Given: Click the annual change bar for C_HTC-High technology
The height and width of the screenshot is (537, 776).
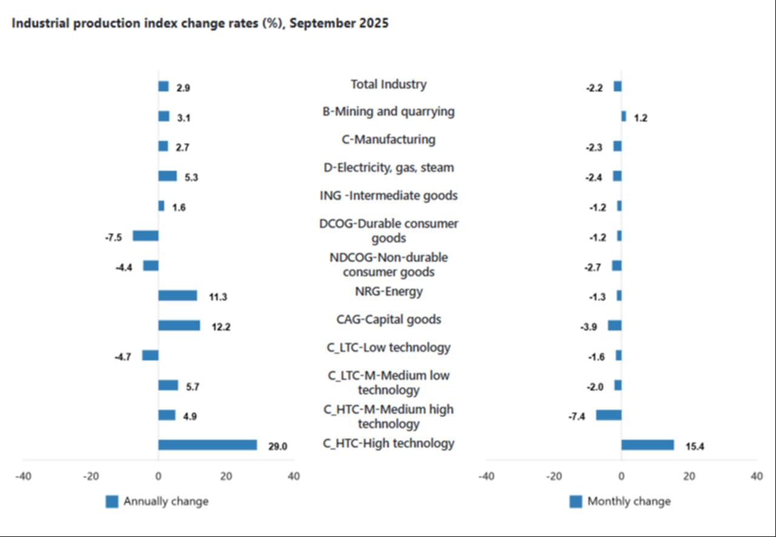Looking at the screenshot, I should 207,445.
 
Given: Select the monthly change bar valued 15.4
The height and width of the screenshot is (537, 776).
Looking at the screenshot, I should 647,445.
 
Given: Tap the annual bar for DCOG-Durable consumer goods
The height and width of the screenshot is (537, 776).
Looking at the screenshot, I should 145,236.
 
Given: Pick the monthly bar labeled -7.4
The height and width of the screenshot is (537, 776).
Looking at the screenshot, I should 609,415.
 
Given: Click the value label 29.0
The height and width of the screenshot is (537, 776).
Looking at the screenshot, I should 277,447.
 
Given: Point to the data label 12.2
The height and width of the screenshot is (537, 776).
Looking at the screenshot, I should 221,327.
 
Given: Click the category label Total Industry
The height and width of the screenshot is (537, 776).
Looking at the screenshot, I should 388,84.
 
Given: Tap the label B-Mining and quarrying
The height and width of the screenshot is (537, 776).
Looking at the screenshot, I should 388,112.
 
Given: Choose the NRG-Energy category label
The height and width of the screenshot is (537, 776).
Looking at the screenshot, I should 388,292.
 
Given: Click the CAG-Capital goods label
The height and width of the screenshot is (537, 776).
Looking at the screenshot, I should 388,319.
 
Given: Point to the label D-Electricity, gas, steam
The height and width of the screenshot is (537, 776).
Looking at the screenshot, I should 388,167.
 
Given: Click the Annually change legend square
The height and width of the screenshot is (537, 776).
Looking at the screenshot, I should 112,501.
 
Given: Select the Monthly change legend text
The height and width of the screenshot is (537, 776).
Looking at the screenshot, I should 629,501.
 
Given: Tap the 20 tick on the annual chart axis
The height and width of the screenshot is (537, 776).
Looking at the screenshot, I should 226,476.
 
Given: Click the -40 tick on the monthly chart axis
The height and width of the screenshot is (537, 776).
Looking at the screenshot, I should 486,476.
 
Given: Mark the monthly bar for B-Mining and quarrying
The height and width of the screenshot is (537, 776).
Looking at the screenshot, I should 623,116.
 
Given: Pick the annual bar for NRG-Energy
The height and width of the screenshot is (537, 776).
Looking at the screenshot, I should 178,296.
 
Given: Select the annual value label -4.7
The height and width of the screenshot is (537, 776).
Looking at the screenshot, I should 123,357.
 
